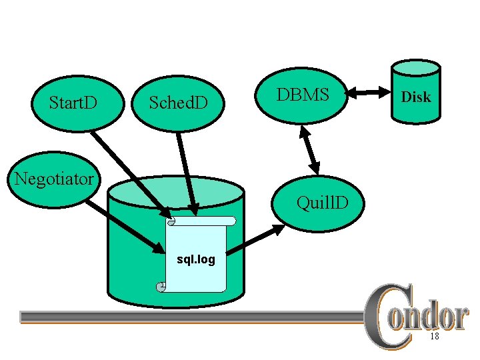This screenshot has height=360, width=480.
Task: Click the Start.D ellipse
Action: tap(73, 103)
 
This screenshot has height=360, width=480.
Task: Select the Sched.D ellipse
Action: tap(178, 103)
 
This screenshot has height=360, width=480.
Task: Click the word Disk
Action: tap(415, 97)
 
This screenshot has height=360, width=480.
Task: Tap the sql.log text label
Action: tap(195, 259)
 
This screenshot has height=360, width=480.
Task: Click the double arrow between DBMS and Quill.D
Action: tap(309, 152)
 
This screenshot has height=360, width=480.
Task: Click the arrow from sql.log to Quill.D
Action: tap(257, 239)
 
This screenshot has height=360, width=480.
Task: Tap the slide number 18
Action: tap(434, 337)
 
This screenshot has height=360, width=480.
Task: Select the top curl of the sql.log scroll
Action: tap(171, 221)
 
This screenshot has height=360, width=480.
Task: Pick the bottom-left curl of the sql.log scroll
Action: tap(161, 287)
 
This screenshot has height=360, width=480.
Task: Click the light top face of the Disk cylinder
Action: tap(415, 68)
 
